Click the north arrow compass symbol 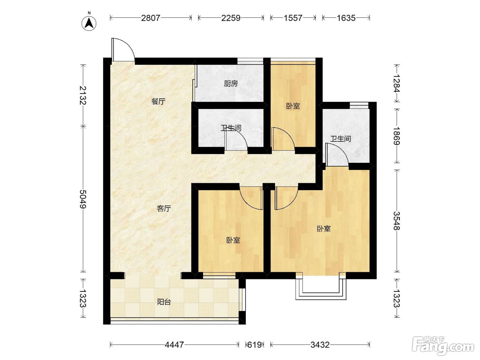click(89, 23)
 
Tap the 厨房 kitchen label click(231, 84)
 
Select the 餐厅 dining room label click(158, 101)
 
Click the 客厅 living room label click(164, 208)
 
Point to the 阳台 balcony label click(164, 302)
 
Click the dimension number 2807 click(151, 18)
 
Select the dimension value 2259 click(231, 18)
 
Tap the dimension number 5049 click(83, 199)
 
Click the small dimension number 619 click(254, 345)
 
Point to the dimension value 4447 click(174, 345)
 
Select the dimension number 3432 click(320, 345)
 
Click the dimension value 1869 click(397, 136)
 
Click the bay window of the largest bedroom click(321, 288)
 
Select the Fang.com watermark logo click(443, 346)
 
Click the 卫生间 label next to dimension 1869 click(340, 139)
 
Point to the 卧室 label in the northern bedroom click(293, 106)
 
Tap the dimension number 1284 click(397, 84)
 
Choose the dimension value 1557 click(293, 18)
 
